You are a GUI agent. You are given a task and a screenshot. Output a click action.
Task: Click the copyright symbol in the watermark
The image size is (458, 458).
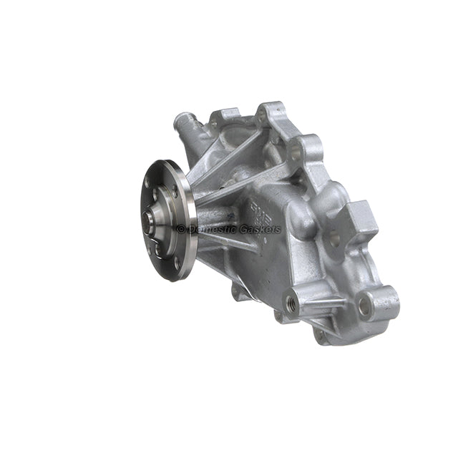click(181, 229)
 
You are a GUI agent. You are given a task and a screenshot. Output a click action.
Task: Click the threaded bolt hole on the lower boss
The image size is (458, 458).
click(291, 302)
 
